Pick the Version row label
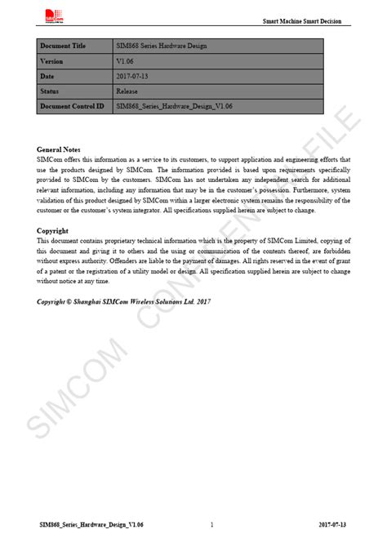52,62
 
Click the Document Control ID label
72,106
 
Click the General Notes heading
59,150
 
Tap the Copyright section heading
53,231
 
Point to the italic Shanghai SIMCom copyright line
124,301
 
